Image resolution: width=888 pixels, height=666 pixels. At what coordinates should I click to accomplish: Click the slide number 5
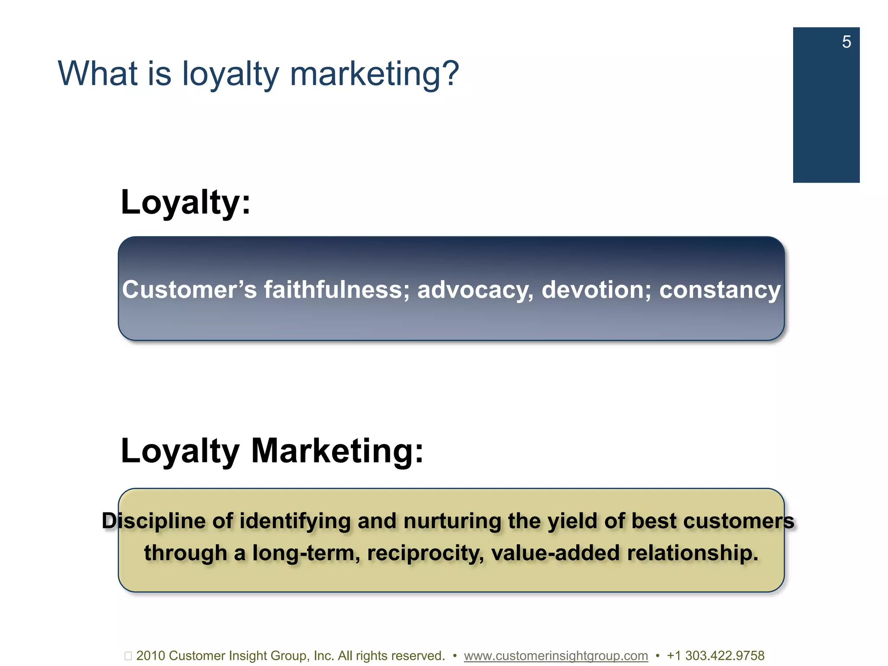[x=846, y=42]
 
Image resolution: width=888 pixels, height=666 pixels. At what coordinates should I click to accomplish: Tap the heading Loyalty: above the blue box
[x=186, y=202]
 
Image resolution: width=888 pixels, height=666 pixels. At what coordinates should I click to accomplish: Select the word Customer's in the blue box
[x=189, y=290]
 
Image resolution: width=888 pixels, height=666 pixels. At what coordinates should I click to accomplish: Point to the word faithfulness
[x=336, y=290]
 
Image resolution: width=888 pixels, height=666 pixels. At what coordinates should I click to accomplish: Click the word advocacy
[x=475, y=290]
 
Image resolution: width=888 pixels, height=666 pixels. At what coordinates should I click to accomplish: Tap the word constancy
[x=720, y=290]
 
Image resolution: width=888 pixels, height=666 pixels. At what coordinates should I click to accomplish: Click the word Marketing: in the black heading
[x=337, y=451]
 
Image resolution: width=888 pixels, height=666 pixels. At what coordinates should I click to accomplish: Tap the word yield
[x=572, y=521]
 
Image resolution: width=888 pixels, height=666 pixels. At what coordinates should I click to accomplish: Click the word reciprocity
[x=425, y=553]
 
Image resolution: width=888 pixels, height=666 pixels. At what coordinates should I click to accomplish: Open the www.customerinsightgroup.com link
[x=556, y=656]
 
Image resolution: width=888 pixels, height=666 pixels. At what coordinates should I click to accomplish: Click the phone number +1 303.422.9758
[x=715, y=656]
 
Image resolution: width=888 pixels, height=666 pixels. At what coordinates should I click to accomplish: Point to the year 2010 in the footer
[x=150, y=656]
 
